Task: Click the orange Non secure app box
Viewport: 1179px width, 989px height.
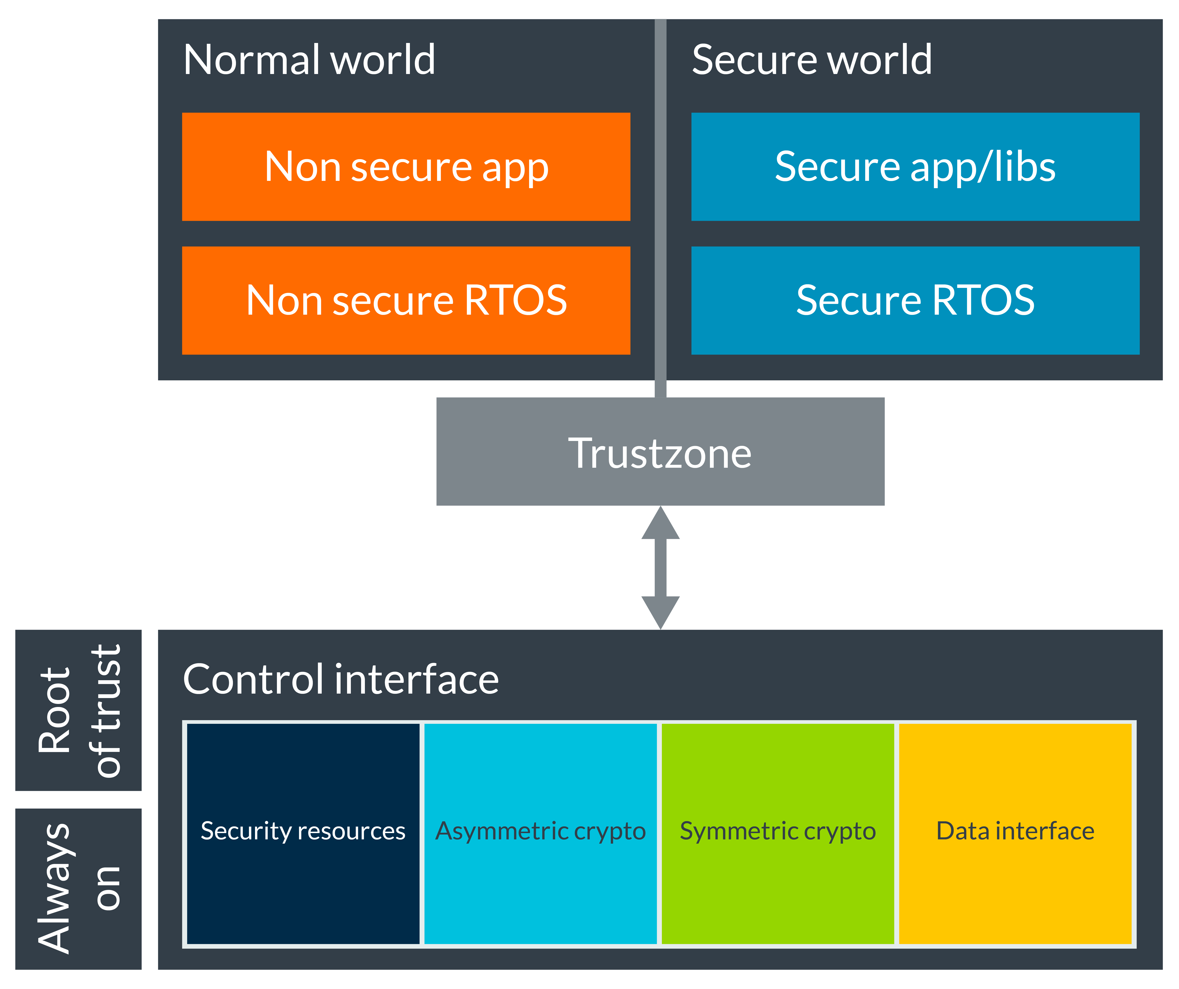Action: [x=406, y=167]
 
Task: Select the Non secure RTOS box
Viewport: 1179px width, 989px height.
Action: [x=406, y=300]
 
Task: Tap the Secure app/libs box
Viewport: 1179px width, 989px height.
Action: [x=915, y=167]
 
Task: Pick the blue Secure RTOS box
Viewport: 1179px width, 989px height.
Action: [x=915, y=300]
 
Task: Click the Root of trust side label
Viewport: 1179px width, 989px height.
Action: [x=79, y=710]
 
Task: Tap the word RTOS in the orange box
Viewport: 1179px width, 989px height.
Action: [x=515, y=300]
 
